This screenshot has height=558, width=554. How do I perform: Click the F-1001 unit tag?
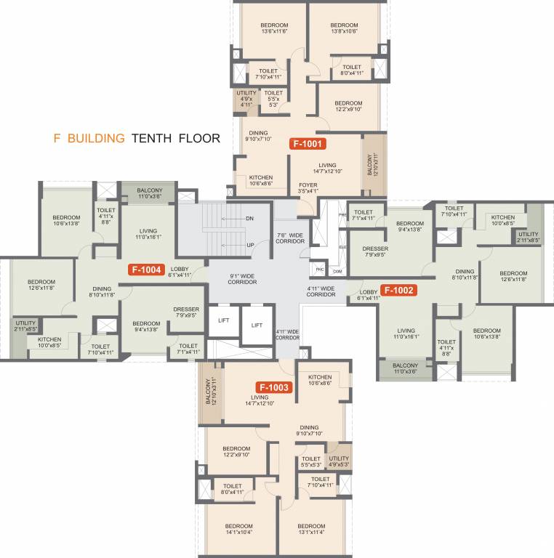[x=306, y=144]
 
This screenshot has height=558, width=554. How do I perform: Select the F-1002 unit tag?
[x=398, y=291]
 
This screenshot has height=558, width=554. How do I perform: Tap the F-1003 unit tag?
[x=273, y=387]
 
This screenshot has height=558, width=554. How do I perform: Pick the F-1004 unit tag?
[x=146, y=269]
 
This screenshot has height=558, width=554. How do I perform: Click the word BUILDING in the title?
[x=97, y=137]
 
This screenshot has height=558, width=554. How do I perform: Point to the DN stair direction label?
[x=249, y=219]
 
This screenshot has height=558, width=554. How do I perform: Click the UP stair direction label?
[x=249, y=245]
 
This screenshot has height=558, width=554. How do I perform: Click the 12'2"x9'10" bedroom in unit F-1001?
[x=348, y=107]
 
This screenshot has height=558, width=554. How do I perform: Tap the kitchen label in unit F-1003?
[x=320, y=381]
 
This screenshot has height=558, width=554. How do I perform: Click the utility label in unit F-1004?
[x=25, y=325]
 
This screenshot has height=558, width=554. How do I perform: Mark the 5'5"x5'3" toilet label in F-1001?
[x=274, y=99]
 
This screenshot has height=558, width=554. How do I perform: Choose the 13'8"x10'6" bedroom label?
[x=345, y=28]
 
